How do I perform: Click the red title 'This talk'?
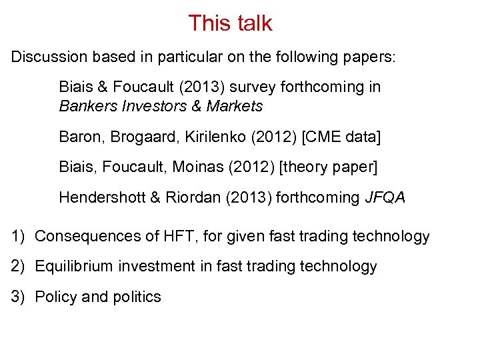tap(230, 23)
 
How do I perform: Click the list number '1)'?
tap(18, 236)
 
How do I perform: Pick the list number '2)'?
tap(18, 267)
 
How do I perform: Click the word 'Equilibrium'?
tap(74, 267)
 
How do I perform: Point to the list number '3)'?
tap(18, 297)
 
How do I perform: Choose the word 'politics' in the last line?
tap(136, 297)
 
